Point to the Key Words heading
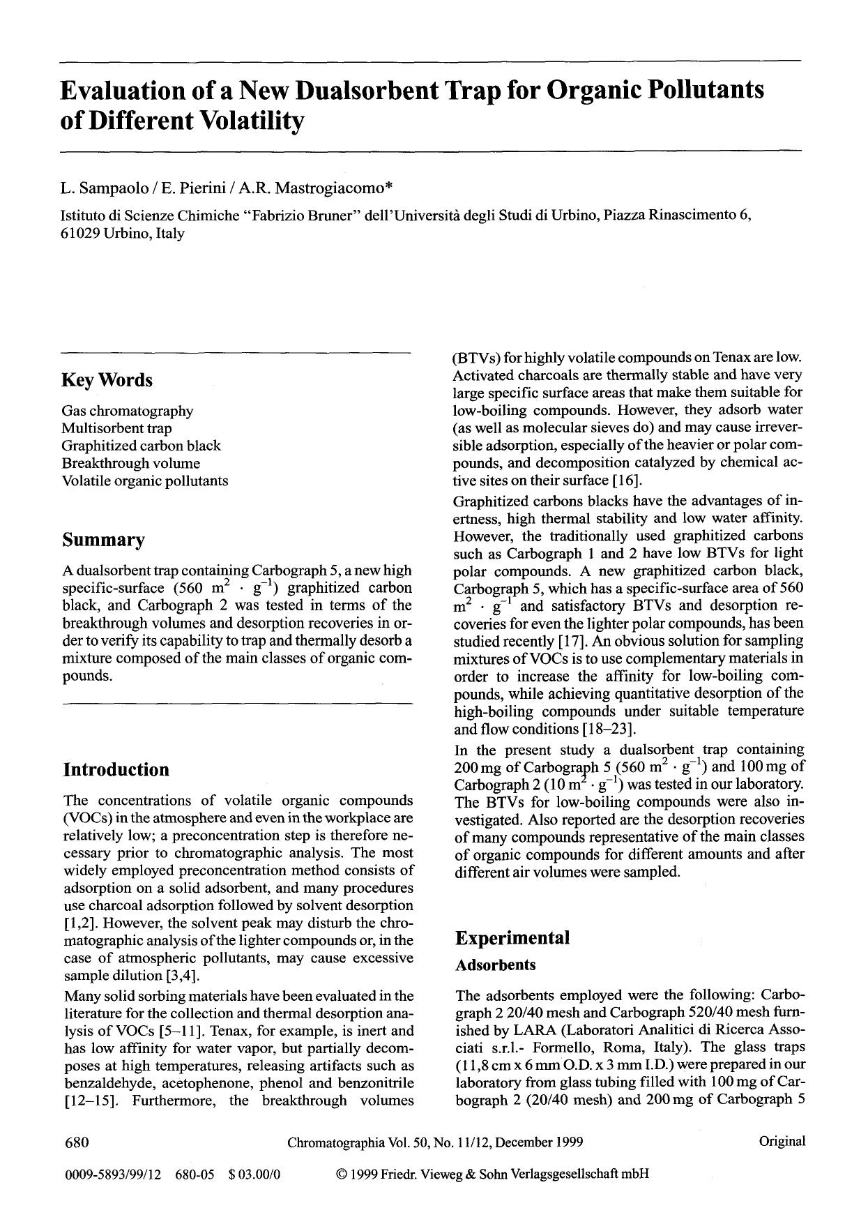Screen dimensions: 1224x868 (107, 381)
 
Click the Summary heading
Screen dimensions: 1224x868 (104, 540)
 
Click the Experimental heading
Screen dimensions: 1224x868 (512, 938)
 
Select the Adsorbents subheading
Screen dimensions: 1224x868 (496, 965)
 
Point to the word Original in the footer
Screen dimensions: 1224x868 (782, 1141)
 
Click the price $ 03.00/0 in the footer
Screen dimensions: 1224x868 (254, 1174)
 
